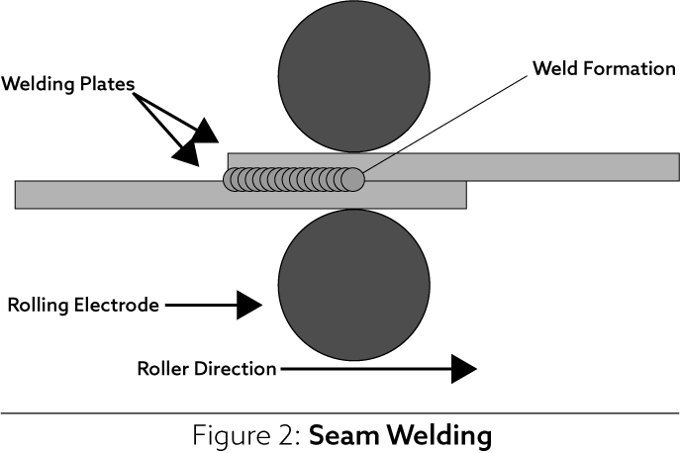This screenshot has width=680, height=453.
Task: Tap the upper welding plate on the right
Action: point(554,166)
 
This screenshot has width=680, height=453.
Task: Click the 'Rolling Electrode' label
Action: point(83,305)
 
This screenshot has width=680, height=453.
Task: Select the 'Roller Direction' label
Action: point(206,369)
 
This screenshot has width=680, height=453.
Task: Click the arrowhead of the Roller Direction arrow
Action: point(463,369)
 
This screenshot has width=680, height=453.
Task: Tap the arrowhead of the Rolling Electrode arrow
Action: point(250,306)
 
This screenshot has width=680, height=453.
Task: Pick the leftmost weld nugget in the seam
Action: point(234,179)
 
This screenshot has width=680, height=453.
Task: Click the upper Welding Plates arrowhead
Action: point(207,130)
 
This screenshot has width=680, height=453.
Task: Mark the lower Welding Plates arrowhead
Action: point(185,150)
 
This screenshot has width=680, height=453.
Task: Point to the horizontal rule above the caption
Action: point(340,412)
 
